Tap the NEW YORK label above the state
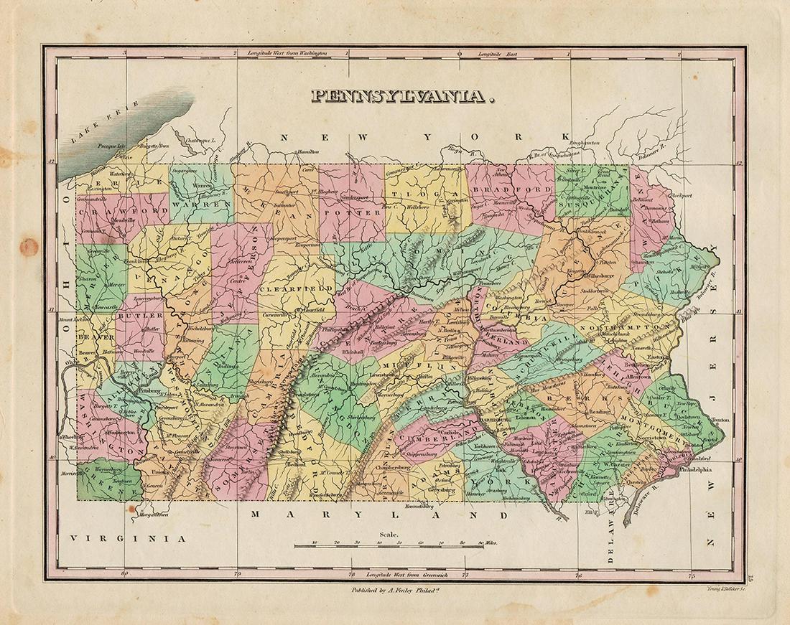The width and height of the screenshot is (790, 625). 426,136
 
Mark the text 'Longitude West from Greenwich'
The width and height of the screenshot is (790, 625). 404,575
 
